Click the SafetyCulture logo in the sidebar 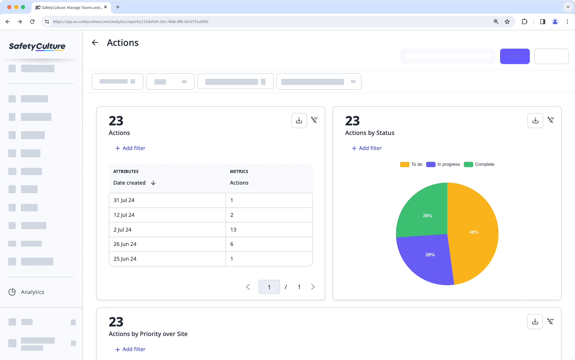point(37,47)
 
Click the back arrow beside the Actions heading point(95,42)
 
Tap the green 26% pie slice point(426,214)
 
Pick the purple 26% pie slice point(430,256)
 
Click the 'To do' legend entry point(411,164)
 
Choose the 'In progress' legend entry point(443,164)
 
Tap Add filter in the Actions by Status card point(367,148)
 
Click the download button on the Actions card point(299,121)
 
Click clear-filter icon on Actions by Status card point(550,120)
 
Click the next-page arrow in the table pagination point(312,287)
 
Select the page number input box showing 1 point(269,287)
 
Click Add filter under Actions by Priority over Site point(130,349)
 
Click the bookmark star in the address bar point(507,22)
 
